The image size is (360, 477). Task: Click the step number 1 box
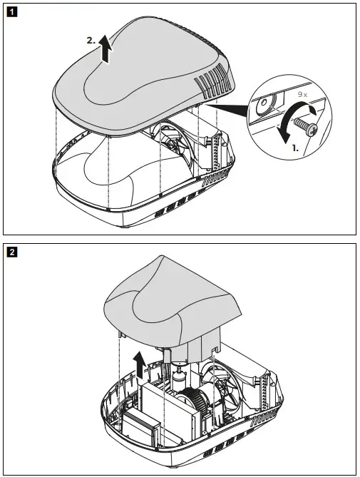pos(11,12)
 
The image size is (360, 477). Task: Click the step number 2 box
pos(11,250)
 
